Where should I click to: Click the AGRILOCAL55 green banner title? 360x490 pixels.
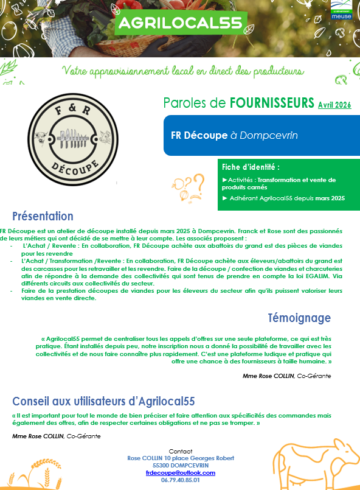(180, 23)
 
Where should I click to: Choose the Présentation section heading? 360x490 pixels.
(43, 216)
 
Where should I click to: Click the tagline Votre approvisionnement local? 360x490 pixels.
(182, 71)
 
